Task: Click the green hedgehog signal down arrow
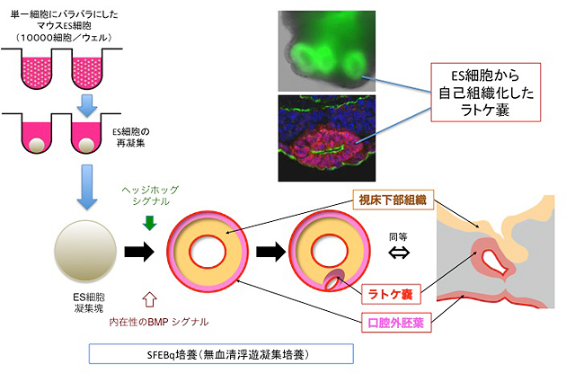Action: pos(149,221)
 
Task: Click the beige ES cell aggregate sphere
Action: pos(84,254)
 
